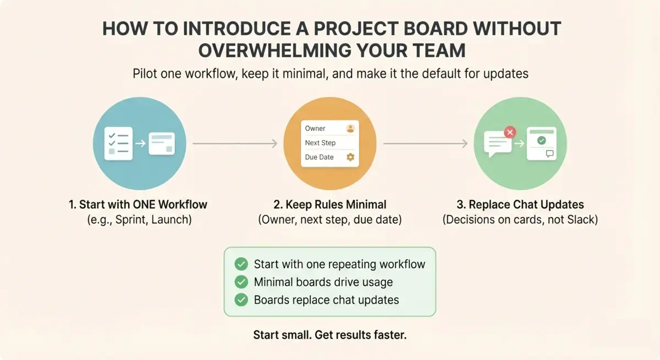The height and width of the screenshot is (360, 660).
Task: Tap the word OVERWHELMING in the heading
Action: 274,51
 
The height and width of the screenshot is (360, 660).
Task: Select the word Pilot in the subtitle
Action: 144,74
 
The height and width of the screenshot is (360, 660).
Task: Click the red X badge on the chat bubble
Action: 510,132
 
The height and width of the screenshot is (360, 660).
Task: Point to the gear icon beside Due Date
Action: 350,157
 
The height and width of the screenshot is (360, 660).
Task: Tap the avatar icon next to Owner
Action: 350,129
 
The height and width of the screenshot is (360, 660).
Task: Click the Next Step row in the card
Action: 329,143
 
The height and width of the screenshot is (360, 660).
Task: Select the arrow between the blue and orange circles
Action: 235,143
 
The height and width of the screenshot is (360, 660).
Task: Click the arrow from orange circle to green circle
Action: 425,143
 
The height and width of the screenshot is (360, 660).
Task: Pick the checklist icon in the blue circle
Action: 118,143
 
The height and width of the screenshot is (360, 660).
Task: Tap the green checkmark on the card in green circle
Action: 542,140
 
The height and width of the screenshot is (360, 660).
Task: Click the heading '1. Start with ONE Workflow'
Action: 138,204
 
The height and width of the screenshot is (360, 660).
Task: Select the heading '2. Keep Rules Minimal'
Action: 329,204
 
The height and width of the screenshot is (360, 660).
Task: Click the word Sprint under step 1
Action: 131,220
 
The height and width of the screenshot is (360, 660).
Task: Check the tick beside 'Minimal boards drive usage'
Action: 241,282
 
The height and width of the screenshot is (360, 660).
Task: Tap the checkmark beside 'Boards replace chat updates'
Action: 241,300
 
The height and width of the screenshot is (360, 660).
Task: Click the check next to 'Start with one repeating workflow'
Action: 241,264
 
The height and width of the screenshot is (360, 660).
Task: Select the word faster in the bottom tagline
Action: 390,335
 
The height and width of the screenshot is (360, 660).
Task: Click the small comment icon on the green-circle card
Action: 550,154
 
